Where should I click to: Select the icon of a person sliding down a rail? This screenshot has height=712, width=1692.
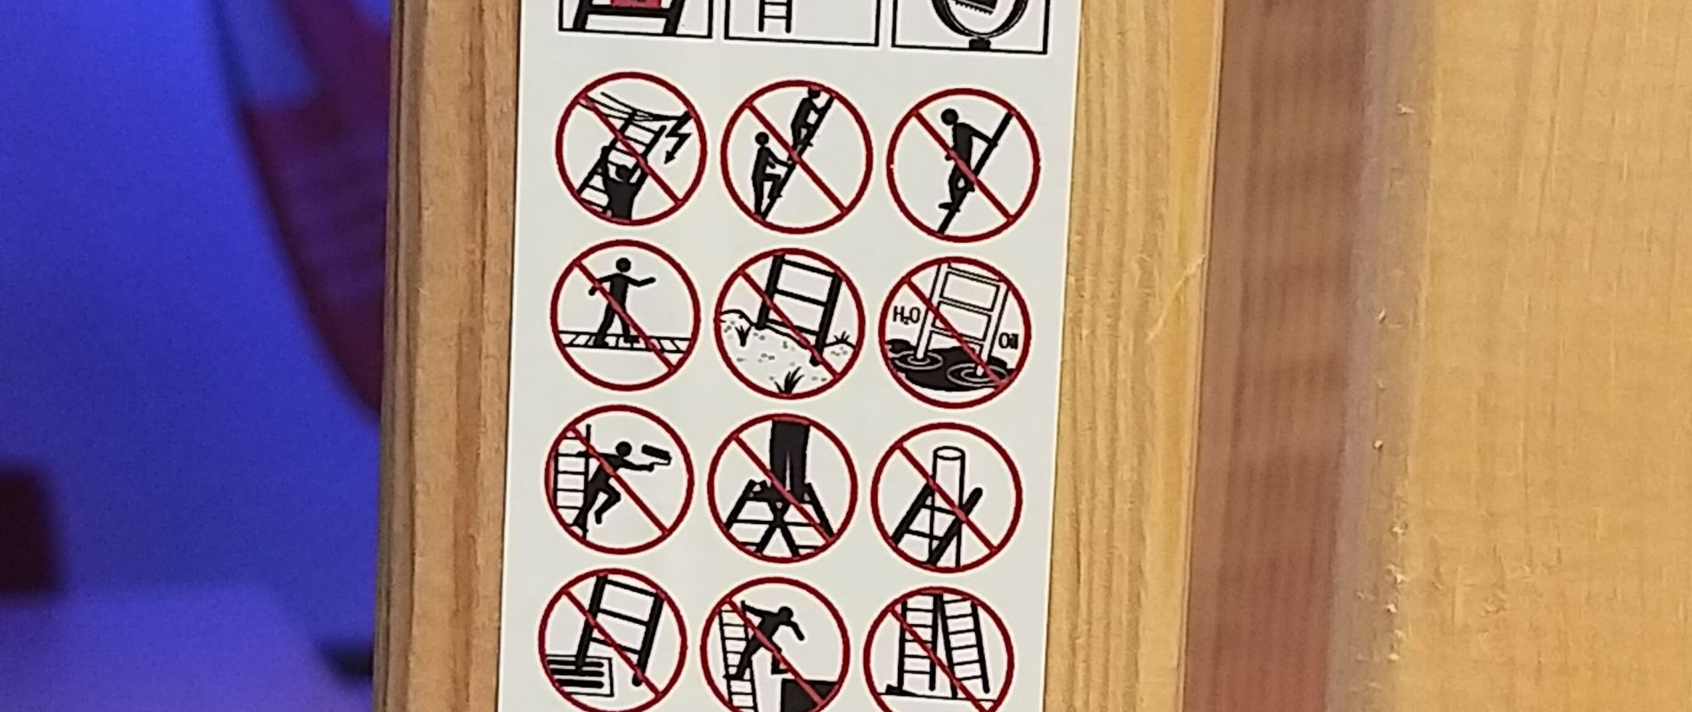(x=964, y=168)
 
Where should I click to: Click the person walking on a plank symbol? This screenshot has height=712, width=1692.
(x=624, y=315)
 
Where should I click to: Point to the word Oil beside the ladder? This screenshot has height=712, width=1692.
(x=1007, y=339)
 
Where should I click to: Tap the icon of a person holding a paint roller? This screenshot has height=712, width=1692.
(x=618, y=481)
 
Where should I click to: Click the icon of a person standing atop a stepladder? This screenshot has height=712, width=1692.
(x=783, y=489)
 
